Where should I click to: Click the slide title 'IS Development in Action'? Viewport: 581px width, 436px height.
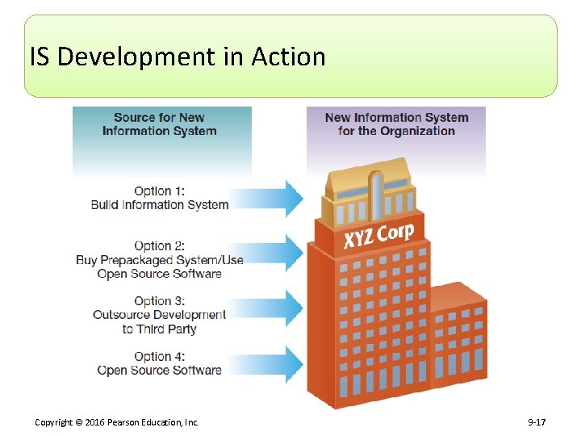pyautogui.click(x=178, y=57)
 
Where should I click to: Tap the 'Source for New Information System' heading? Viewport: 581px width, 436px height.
pyautogui.click(x=159, y=124)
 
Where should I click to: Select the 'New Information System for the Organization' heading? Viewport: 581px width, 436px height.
pyautogui.click(x=396, y=124)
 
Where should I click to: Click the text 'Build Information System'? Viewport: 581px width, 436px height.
pyautogui.click(x=160, y=205)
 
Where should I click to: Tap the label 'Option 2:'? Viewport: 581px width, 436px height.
pyautogui.click(x=160, y=245)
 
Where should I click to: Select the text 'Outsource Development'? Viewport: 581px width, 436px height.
pyautogui.click(x=160, y=315)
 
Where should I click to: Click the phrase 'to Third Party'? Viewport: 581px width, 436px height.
pyautogui.click(x=160, y=329)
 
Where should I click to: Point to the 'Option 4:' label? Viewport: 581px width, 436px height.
pyautogui.click(x=160, y=356)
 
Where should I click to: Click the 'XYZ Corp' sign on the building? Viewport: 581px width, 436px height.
pyautogui.click(x=378, y=235)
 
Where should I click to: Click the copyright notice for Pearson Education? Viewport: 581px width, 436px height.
pyautogui.click(x=116, y=422)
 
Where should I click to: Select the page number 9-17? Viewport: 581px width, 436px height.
pyautogui.click(x=537, y=422)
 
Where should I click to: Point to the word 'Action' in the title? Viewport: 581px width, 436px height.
pyautogui.click(x=288, y=57)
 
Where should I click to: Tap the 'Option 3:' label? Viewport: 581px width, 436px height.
pyautogui.click(x=160, y=301)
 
